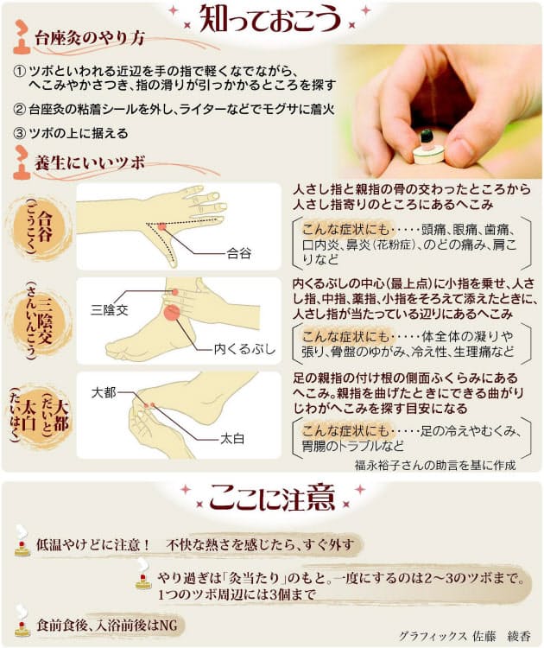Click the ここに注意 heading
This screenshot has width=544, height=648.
pyautogui.click(x=272, y=499)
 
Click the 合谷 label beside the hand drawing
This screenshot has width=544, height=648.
pyautogui.click(x=239, y=254)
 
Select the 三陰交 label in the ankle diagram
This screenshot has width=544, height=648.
pyautogui.click(x=108, y=308)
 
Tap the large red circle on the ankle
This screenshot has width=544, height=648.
pyautogui.click(x=172, y=314)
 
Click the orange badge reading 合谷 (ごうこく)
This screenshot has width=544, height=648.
pyautogui.click(x=40, y=227)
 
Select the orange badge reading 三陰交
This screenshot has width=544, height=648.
pyautogui.click(x=40, y=321)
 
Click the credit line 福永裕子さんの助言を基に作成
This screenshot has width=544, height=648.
pyautogui.click(x=435, y=465)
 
